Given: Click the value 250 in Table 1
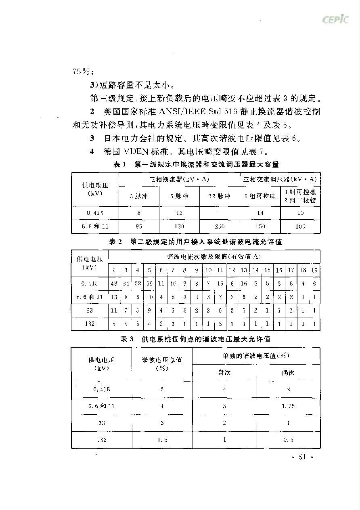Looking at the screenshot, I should [x=220, y=227].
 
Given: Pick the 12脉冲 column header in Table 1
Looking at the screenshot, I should [x=220, y=196].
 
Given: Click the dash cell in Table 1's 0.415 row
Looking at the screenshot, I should [x=220, y=212].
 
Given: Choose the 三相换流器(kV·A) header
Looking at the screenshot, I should [x=179, y=179].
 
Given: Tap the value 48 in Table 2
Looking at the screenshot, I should [x=114, y=283].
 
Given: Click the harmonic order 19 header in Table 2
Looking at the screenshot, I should [x=315, y=270].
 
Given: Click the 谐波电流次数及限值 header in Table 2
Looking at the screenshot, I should [x=214, y=256].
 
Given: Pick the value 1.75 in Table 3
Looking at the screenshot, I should [x=288, y=406].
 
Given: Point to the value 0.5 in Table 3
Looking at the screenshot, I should [x=288, y=440].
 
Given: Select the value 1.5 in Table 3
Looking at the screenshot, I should [x=162, y=440].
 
